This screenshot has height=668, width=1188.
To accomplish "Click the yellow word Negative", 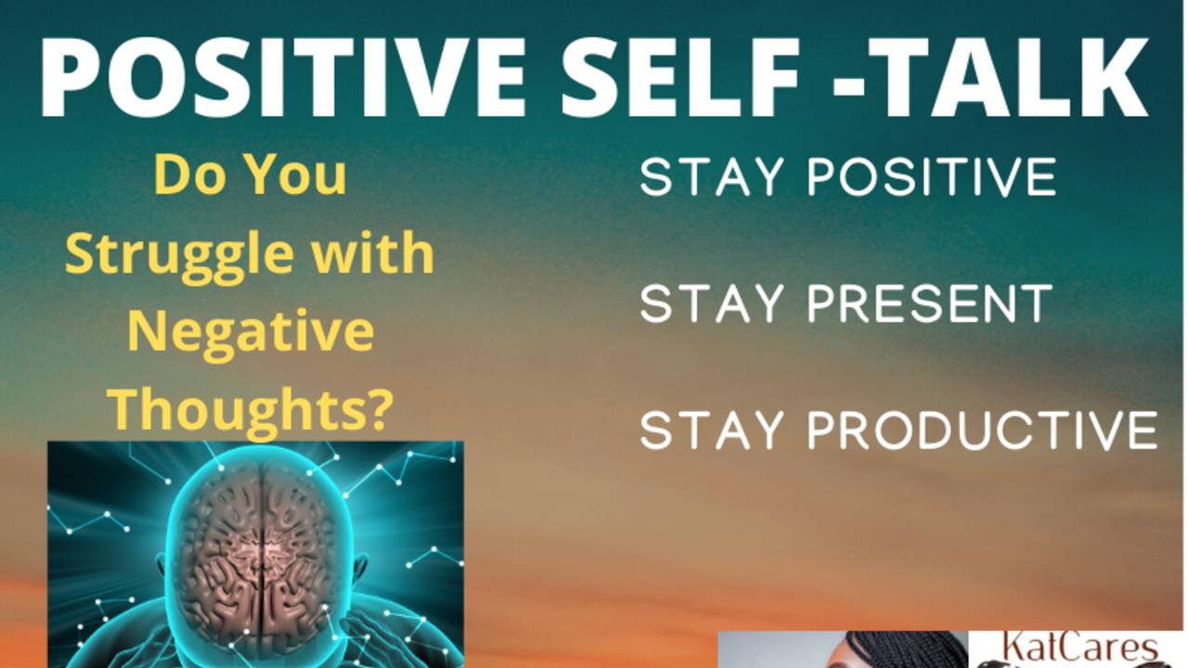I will tap(251, 332).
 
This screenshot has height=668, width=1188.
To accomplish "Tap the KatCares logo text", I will tap(1077, 648).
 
